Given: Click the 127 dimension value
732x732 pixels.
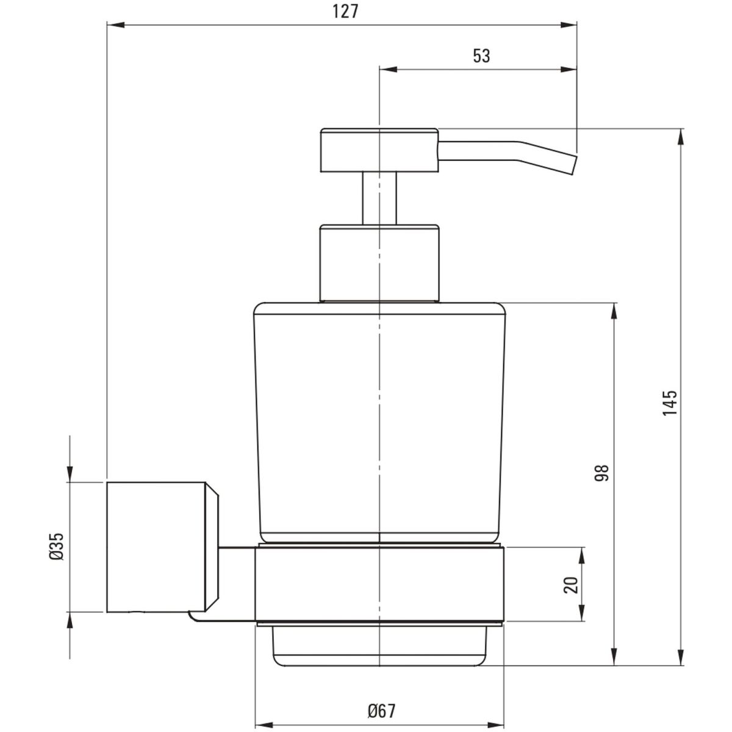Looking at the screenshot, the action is pyautogui.click(x=345, y=12).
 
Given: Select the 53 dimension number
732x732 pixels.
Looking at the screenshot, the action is pyautogui.click(x=481, y=56).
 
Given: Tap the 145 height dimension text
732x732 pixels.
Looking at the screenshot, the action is pyautogui.click(x=670, y=403).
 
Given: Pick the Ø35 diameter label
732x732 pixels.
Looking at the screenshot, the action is pyautogui.click(x=57, y=546).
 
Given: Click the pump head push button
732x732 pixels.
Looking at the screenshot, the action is pyautogui.click(x=380, y=151).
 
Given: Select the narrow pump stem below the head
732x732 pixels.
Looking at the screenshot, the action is pyautogui.click(x=379, y=199).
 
